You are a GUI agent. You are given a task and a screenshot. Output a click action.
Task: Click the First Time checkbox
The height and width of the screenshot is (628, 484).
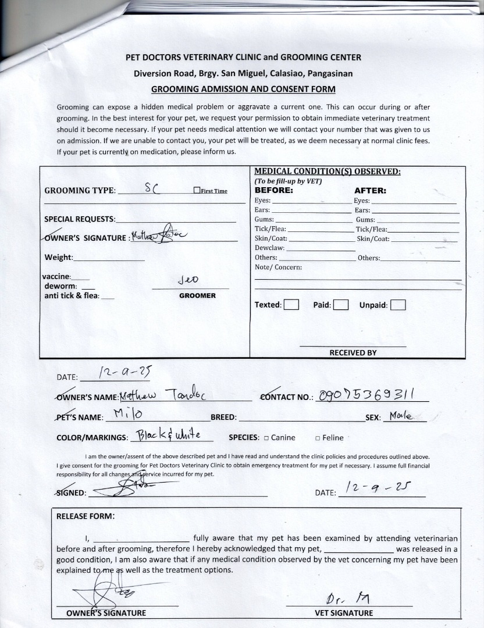(197, 191)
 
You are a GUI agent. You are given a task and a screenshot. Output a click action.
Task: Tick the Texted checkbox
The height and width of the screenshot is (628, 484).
(291, 305)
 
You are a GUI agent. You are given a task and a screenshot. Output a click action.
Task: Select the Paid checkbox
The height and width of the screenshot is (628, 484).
(341, 305)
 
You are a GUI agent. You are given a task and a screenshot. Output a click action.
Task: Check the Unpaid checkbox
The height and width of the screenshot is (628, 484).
(398, 305)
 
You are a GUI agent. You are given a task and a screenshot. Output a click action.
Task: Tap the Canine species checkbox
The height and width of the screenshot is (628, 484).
(266, 438)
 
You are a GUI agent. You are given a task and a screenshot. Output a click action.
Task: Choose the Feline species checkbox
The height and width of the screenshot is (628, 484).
(318, 438)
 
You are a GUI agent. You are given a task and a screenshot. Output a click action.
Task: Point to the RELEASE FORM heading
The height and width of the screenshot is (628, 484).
(86, 516)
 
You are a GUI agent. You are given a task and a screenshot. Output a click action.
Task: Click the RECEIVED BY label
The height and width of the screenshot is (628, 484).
(353, 352)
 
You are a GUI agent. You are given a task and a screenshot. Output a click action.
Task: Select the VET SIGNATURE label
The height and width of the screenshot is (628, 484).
(344, 613)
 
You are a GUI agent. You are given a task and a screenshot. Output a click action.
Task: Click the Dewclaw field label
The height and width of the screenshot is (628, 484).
(269, 248)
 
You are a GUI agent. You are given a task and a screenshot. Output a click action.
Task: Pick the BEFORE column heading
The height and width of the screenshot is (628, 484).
(274, 190)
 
